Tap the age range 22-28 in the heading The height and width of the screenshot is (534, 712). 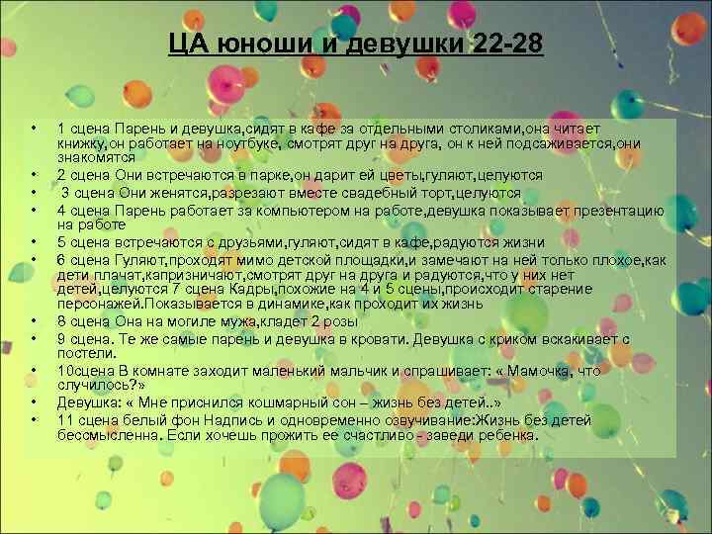click(x=502, y=45)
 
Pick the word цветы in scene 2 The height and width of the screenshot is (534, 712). click(x=385, y=174)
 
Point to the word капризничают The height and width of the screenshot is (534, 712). click(x=197, y=273)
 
